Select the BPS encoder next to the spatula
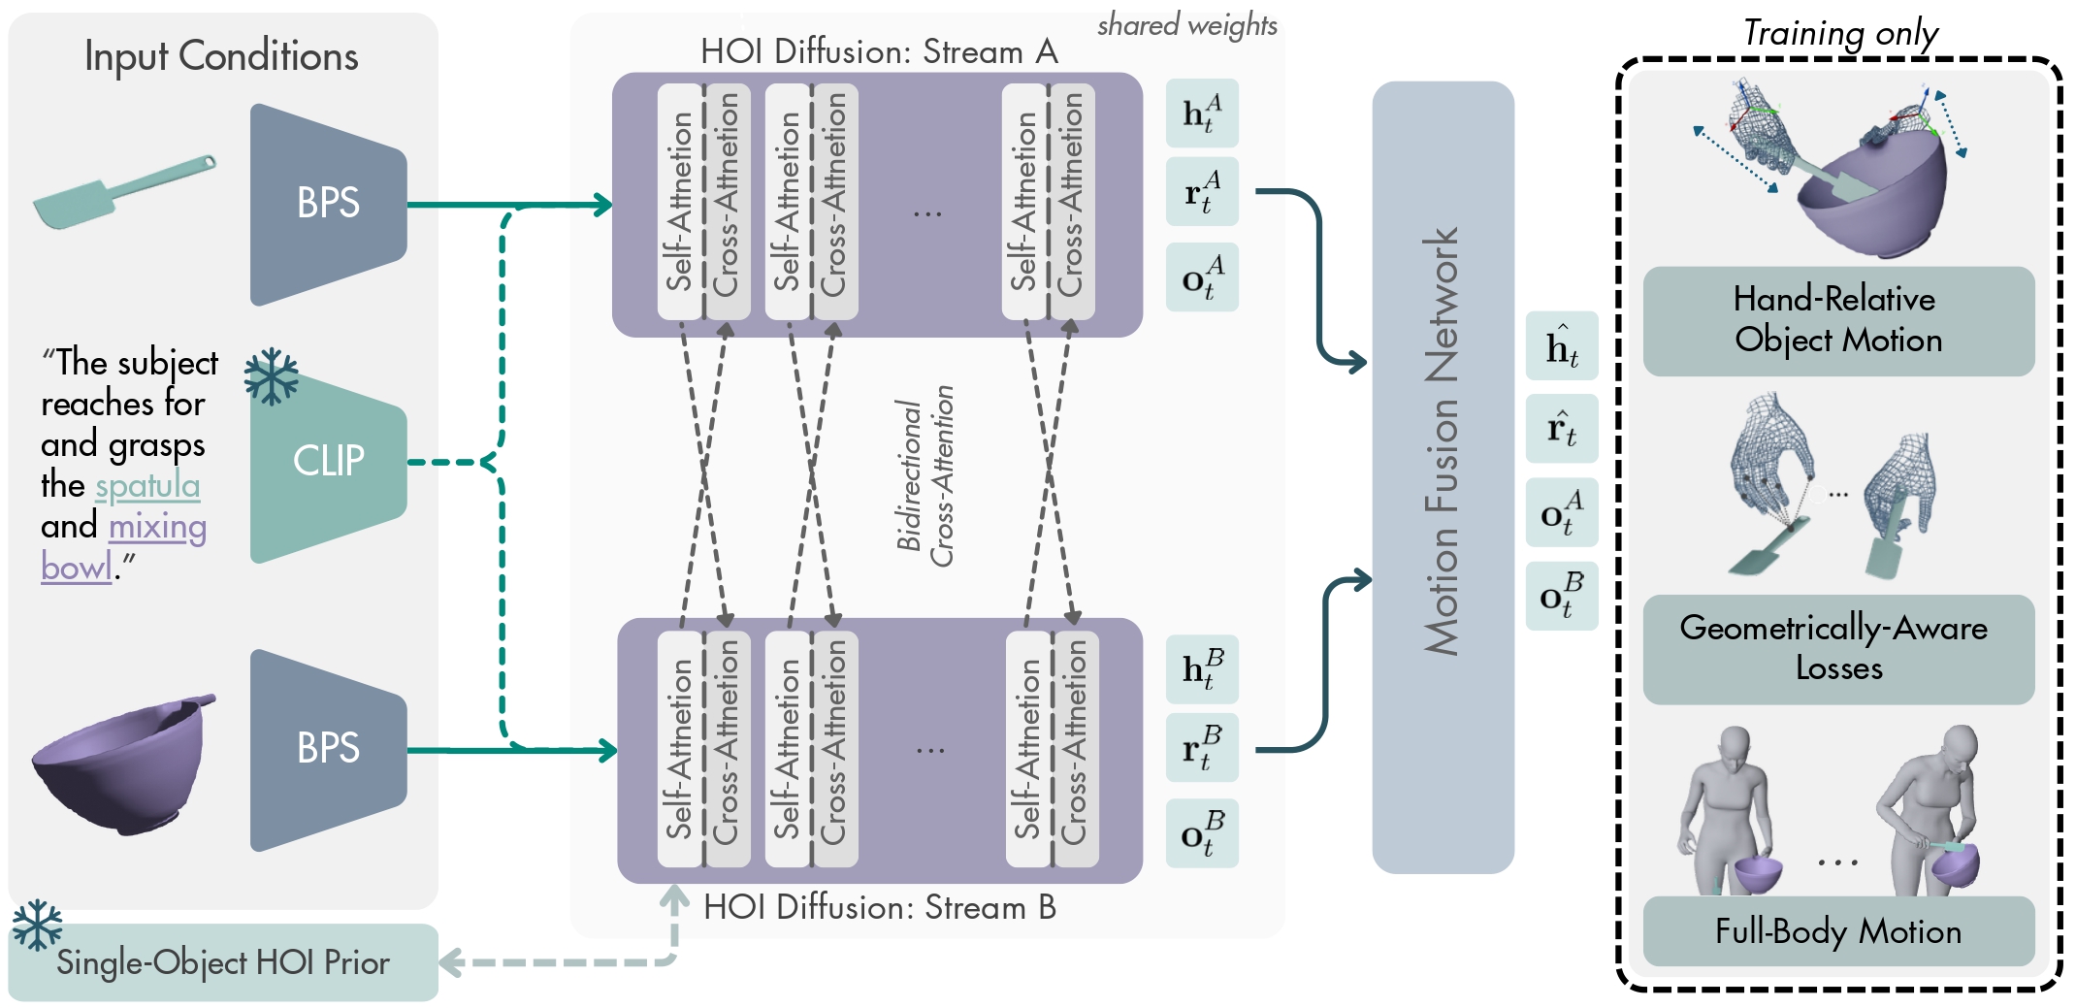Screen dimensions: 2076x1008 [x=328, y=204]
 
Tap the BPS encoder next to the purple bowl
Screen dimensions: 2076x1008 [x=328, y=749]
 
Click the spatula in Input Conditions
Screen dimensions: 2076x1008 [x=124, y=191]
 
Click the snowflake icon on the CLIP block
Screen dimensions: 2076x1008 [x=271, y=375]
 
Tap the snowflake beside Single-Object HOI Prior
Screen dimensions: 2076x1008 [x=37, y=926]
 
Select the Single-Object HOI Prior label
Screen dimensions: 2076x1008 [x=223, y=962]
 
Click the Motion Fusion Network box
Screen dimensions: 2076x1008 [x=1443, y=477]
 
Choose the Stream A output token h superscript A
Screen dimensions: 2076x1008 [x=1202, y=113]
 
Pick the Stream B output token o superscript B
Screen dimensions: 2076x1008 [x=1202, y=832]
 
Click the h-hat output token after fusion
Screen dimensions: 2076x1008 [x=1562, y=345]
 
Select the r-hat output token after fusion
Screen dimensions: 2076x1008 [x=1562, y=429]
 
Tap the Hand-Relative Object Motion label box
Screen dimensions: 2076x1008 [x=1838, y=321]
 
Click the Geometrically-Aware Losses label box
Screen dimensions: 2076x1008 [x=1838, y=649]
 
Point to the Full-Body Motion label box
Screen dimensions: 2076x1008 [x=1838, y=931]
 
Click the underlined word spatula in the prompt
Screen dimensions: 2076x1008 [x=147, y=486]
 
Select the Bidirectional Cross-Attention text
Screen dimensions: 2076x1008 [x=924, y=476]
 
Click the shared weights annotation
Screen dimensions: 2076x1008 [x=1187, y=25]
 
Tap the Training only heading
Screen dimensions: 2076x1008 [x=1840, y=33]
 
